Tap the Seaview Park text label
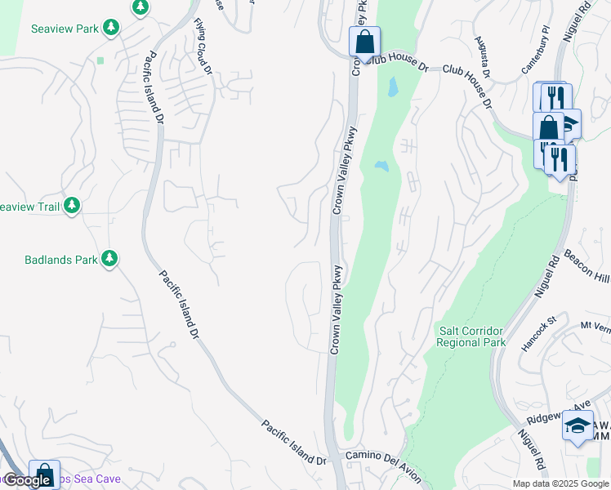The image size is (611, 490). click(x=65, y=29)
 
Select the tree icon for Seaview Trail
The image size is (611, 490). click(x=73, y=206)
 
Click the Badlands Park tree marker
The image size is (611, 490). click(x=109, y=260)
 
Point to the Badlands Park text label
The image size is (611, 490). click(x=60, y=261)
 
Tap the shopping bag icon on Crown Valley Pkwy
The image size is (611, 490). click(x=364, y=41)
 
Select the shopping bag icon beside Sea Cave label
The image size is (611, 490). click(x=44, y=474)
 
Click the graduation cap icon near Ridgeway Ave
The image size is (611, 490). click(x=578, y=425)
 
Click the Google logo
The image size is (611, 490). click(x=28, y=480)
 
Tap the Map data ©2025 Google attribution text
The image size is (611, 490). click(x=560, y=483)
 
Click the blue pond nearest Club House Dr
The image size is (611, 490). click(x=393, y=86)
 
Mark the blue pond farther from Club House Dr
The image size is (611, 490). click(x=381, y=167)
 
